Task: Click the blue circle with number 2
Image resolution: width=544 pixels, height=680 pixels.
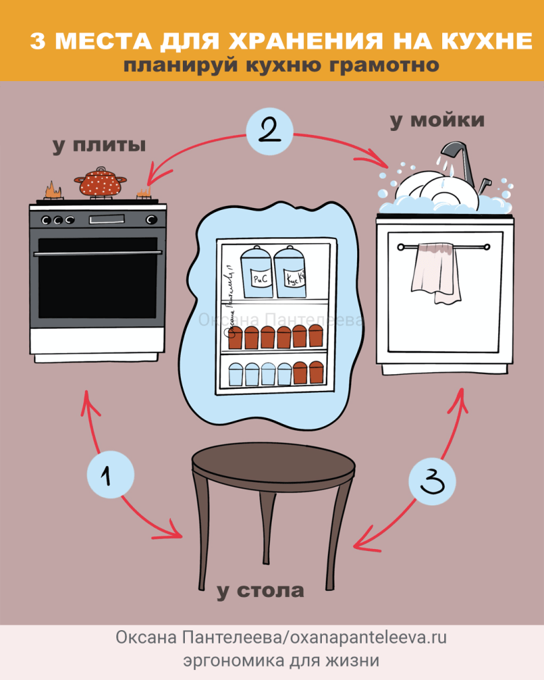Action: [269, 132]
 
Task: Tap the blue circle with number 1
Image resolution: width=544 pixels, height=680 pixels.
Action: [110, 475]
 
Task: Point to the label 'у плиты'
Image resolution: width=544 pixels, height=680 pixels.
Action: [100, 146]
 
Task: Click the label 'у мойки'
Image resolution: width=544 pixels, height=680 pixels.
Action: [437, 120]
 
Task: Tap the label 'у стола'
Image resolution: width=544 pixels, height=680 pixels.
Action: [260, 590]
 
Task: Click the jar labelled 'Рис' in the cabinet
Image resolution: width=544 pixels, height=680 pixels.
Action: [257, 273]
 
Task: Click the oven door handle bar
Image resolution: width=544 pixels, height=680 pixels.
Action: [98, 253]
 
